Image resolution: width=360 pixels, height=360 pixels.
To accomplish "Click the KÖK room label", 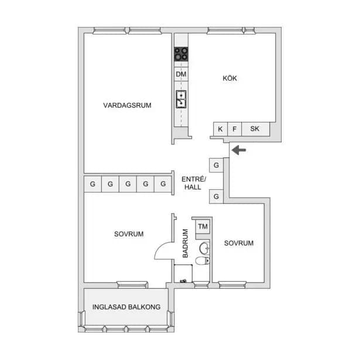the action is pos(229,78).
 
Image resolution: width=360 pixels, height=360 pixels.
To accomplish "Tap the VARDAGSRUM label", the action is pos(127,105).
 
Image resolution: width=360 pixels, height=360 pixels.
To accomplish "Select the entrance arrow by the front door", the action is pos(239,150).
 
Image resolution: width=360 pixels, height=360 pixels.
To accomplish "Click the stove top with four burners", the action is pos(181,54).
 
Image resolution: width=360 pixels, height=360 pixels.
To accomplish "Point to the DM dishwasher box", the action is pos(181,74).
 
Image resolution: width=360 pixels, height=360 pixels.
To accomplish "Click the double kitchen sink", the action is pos(181,99).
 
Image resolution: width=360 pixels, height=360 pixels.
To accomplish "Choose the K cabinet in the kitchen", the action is pos(220,129).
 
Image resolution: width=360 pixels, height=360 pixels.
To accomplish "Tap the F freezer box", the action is pos(234,129).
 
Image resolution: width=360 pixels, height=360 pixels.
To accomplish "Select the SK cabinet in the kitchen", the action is pos(255,129).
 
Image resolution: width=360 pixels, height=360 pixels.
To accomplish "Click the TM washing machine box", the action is pos(203,227).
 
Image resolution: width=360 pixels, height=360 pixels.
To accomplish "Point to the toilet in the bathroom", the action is pos(203,261).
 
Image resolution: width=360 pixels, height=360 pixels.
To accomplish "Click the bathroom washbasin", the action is pos(204,248).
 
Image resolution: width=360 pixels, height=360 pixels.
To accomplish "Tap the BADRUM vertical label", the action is pos(186,244).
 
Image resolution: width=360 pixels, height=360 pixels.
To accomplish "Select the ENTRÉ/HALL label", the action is pos(194,183).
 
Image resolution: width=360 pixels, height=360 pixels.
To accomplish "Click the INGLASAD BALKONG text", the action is pos(126,307).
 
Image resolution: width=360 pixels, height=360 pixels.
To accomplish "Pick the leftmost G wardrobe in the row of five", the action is pos(92,184).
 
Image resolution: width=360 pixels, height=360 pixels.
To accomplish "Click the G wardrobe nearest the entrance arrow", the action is pos(216,165).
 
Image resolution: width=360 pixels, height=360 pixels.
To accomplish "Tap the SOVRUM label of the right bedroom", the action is pos(239,243).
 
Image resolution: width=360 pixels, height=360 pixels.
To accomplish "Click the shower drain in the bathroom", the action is pos(183,281).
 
